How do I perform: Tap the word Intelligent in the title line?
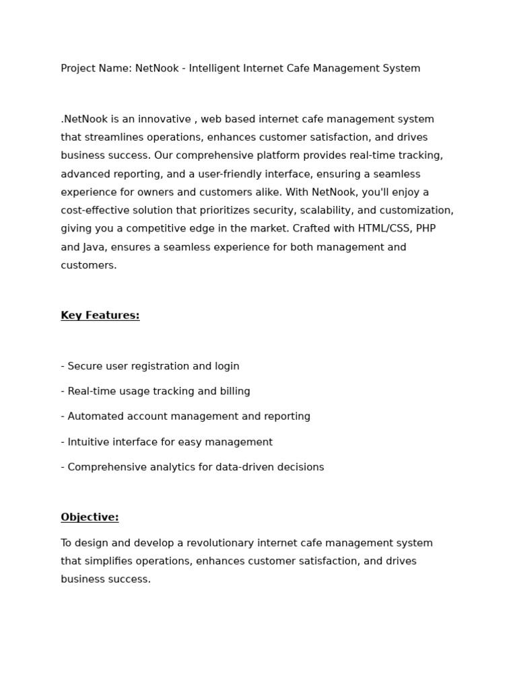(x=216, y=69)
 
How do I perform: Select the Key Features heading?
(x=100, y=316)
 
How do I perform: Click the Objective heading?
(x=90, y=517)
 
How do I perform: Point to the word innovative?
(x=166, y=120)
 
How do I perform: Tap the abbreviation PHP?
(x=426, y=229)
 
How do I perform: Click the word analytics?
(x=168, y=468)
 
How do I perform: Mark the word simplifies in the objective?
(x=108, y=561)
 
